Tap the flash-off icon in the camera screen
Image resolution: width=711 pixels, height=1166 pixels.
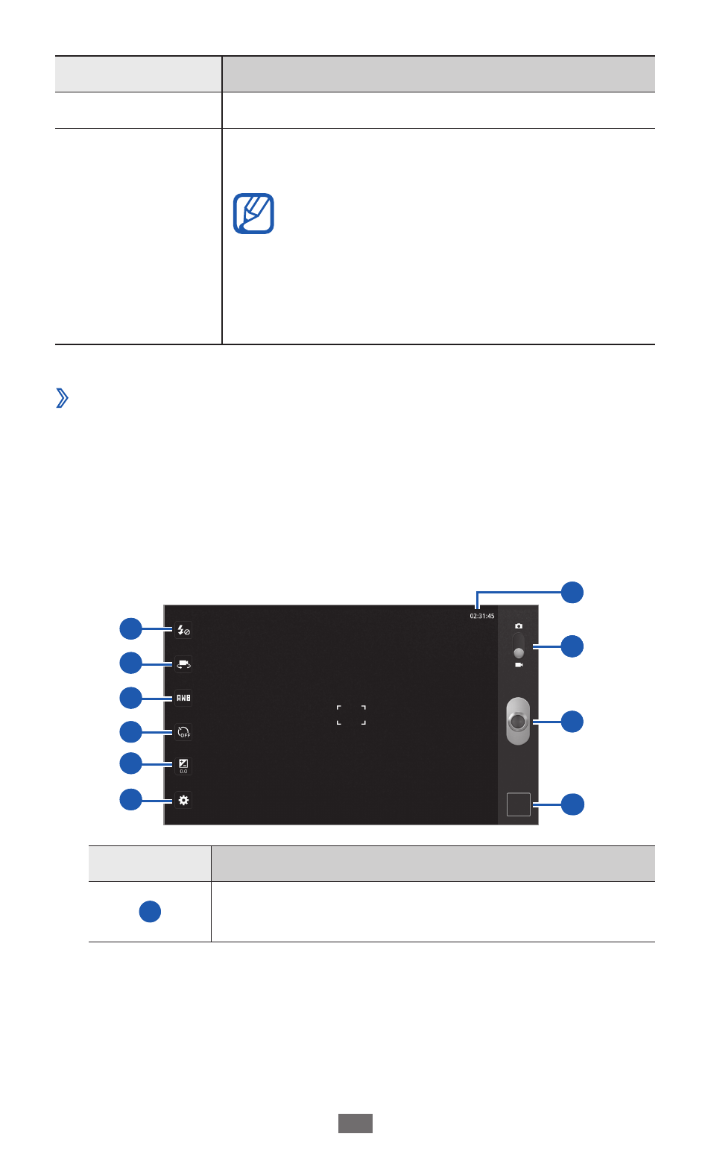pos(183,630)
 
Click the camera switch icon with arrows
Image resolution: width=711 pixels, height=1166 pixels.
pos(183,664)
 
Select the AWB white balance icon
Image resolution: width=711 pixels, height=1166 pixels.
pos(183,698)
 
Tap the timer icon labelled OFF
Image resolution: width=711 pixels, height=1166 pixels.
pos(183,732)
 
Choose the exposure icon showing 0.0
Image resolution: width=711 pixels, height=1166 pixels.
pos(183,766)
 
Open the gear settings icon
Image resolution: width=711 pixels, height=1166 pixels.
pos(183,800)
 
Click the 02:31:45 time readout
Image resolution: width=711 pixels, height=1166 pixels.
pos(482,616)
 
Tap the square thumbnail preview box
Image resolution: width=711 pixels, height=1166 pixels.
pos(519,804)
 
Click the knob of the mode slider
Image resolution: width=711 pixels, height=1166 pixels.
pos(519,653)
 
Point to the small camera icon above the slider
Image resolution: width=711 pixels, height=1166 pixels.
pos(519,625)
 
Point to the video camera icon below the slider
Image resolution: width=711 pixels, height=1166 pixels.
pos(519,665)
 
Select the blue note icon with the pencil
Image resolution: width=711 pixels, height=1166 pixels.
pos(253,213)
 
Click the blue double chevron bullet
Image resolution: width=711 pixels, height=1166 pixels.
pos(62,397)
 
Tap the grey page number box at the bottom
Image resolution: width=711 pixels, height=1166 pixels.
pos(355,1124)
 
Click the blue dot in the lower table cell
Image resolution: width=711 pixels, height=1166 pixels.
pos(150,912)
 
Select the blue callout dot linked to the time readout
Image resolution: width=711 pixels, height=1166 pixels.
pos(572,593)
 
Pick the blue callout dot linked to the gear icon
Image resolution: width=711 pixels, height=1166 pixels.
pos(130,799)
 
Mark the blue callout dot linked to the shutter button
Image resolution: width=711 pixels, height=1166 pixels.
pos(572,722)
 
